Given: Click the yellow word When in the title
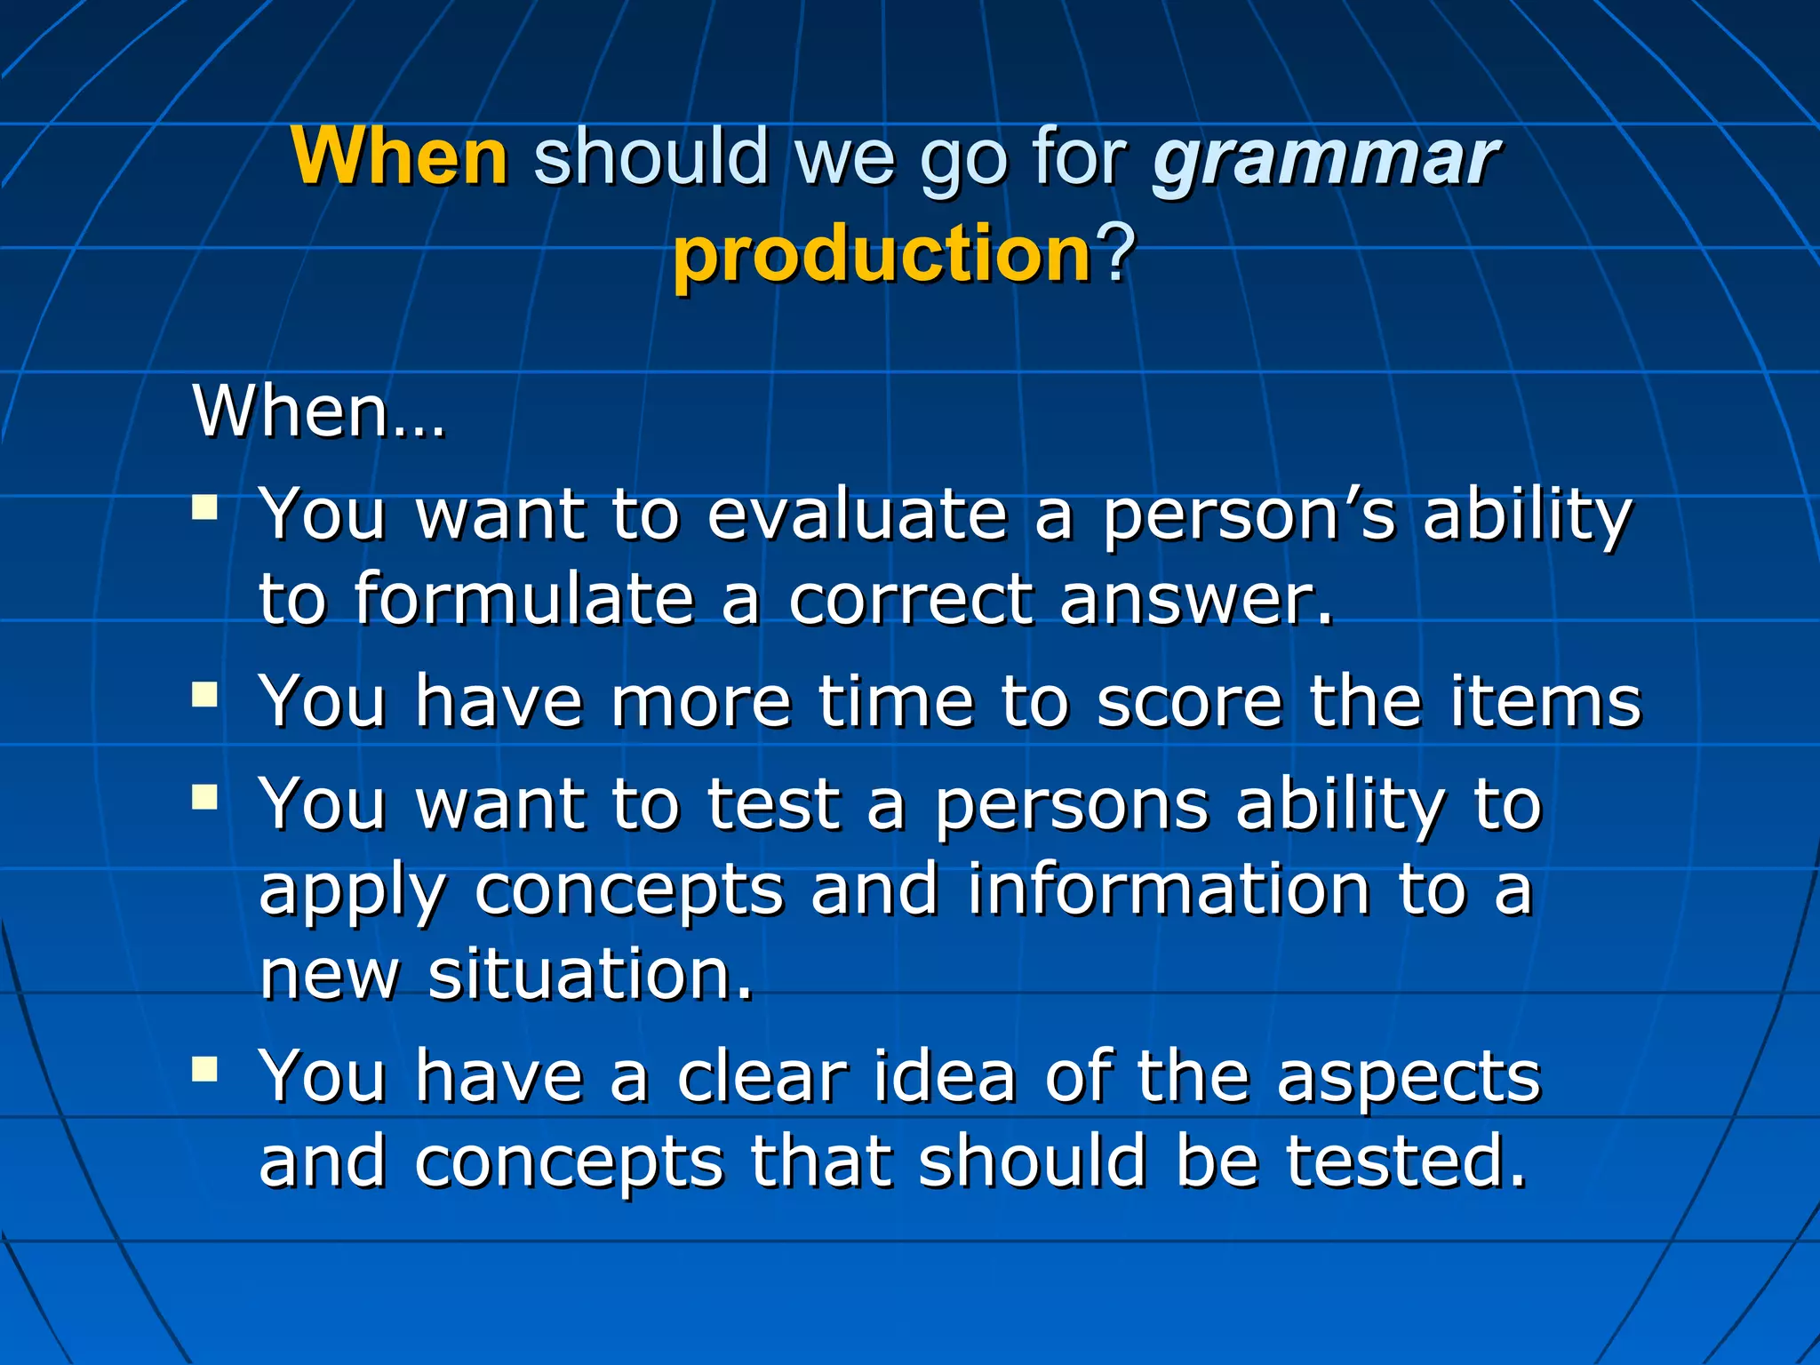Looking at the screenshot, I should [400, 156].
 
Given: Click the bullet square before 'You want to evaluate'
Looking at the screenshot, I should [205, 507].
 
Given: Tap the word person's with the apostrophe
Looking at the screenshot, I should [1249, 517].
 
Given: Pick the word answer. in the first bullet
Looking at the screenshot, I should [1196, 600].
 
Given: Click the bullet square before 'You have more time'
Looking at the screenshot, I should [205, 694].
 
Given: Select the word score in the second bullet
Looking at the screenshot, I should [1189, 702].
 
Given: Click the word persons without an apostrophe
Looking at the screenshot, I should [1071, 806].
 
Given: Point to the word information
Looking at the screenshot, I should [1169, 889].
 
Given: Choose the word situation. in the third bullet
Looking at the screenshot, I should [591, 974].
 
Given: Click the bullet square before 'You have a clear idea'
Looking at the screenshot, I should [205, 1068].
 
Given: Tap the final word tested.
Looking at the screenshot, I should [1406, 1161].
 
